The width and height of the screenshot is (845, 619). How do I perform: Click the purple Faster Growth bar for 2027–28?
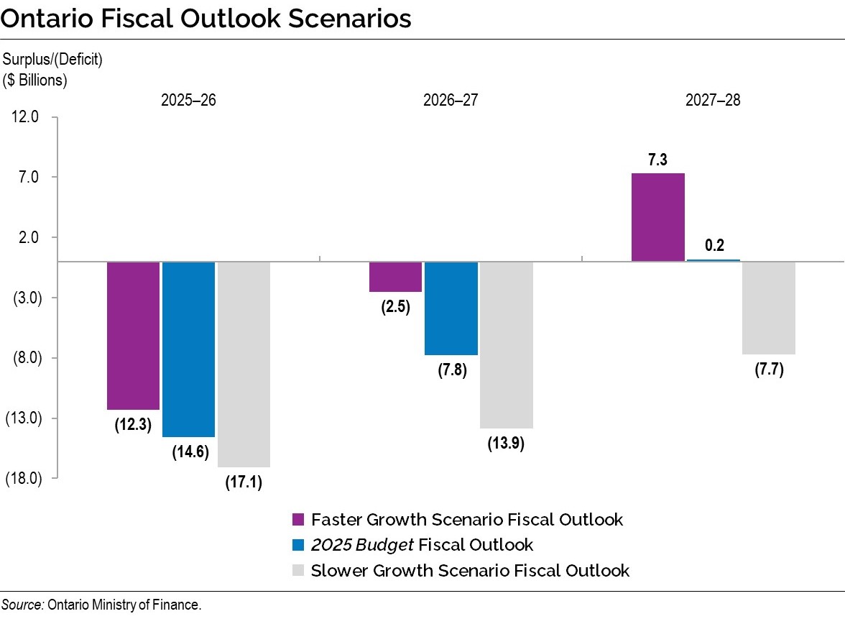point(657,217)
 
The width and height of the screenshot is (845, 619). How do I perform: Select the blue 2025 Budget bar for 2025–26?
point(188,349)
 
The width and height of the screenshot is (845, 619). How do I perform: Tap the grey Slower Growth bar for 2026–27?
point(507,344)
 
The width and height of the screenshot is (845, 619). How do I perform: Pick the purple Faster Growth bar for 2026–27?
point(395,277)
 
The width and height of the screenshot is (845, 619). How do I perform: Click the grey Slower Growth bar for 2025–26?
point(244,364)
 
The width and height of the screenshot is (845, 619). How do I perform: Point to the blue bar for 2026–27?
point(451,308)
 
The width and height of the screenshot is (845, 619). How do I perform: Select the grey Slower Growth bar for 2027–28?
point(768,308)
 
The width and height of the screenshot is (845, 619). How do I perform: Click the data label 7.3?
point(657,160)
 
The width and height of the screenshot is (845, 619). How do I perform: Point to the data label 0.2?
point(714,246)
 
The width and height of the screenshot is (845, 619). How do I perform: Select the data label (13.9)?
point(506,443)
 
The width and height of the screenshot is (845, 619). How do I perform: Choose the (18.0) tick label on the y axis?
point(24,478)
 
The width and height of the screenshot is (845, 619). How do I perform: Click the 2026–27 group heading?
point(451,100)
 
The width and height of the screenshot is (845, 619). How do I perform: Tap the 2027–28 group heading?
point(713,100)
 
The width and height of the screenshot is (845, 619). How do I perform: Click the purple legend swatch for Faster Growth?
point(298,520)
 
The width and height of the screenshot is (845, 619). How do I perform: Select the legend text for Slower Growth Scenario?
point(470,571)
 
